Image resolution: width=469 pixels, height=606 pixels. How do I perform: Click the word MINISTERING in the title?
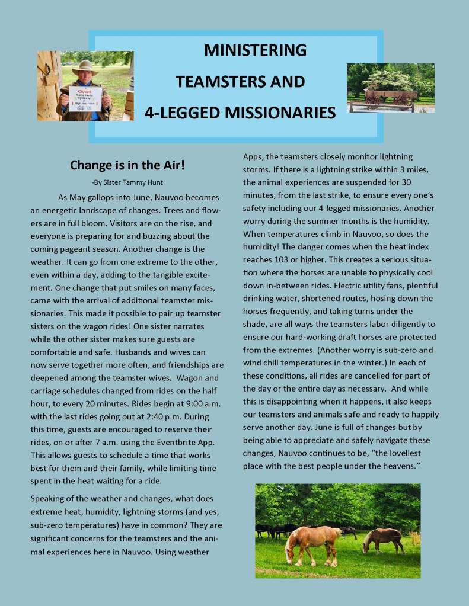point(255,50)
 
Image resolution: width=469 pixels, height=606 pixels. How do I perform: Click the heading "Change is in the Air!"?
point(127,165)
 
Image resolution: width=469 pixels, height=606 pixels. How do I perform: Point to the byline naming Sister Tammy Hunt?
point(127,182)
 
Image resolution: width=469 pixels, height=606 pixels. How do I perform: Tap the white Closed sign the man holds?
point(85,98)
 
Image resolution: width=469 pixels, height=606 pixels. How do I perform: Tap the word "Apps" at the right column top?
point(253,156)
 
